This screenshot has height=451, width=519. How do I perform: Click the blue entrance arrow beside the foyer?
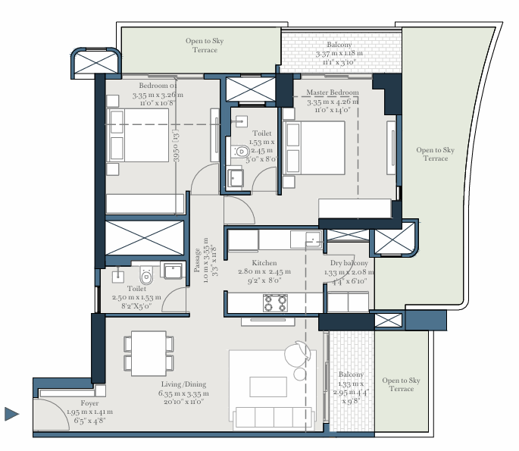click(11, 414)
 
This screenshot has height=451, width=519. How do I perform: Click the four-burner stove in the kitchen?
click(274, 303)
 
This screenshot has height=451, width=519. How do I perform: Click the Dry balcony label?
click(349, 263)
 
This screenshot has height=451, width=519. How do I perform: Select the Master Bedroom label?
click(333, 92)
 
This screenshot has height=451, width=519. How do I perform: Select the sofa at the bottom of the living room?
click(272, 417)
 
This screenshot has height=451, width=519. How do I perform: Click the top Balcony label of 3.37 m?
click(339, 45)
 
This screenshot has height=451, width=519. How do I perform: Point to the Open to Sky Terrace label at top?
click(204, 45)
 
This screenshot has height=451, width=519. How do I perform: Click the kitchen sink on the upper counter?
click(313, 240)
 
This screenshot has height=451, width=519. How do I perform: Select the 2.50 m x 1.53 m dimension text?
click(137, 297)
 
